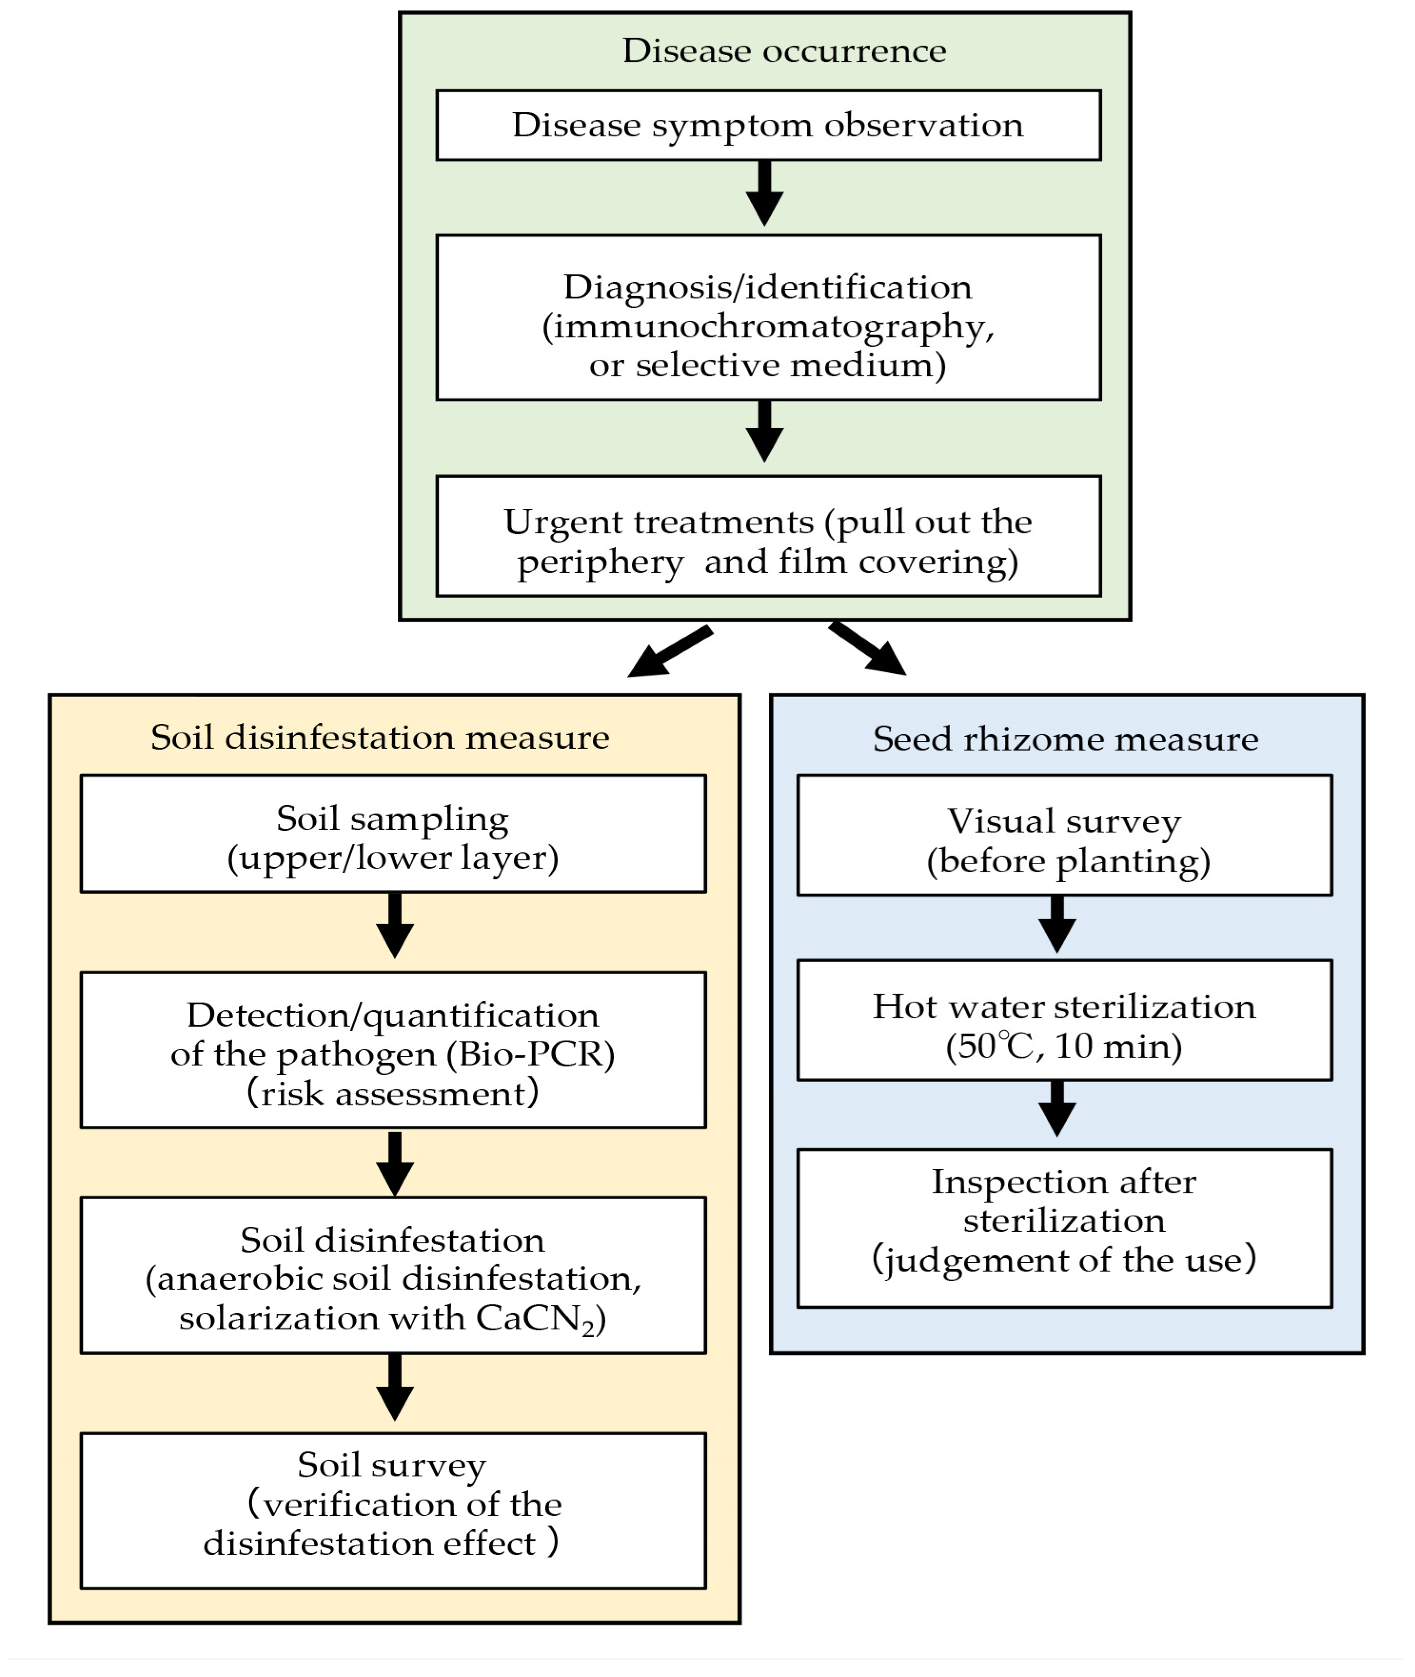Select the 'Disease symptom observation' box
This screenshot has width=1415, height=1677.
[x=767, y=125]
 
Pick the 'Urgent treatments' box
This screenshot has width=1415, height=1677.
[x=767, y=542]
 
